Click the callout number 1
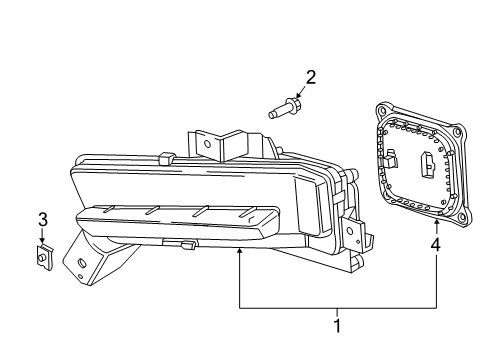coord(337,325)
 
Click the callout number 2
coord(311,77)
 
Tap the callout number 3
coord(42,220)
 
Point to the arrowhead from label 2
coord(300,96)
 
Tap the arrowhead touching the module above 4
coord(437,217)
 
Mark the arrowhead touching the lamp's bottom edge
coord(239,252)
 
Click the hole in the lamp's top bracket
coord(208,143)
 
